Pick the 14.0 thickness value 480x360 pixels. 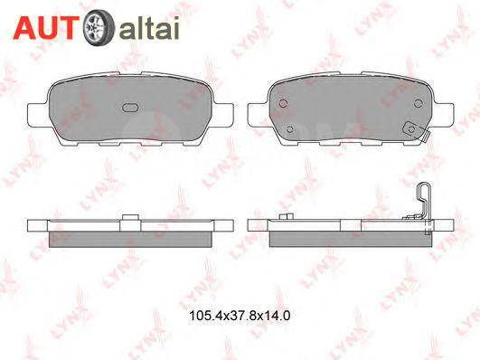(x=270, y=317)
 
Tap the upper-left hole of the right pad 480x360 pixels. (x=283, y=101)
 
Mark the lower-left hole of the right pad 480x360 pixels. (x=289, y=128)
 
